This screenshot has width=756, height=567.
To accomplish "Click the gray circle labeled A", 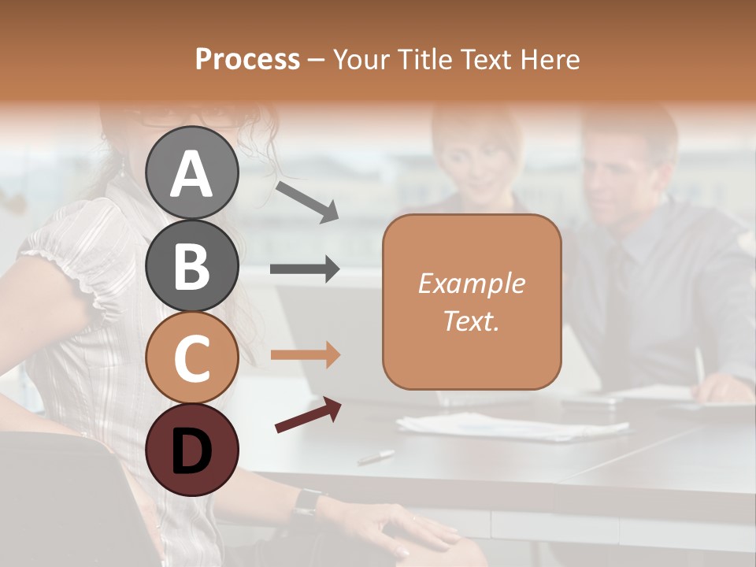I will [x=192, y=173].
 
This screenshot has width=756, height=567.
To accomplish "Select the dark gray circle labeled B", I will [x=192, y=265].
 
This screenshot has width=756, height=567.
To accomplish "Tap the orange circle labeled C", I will [x=192, y=358].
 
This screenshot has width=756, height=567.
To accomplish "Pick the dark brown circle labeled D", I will [x=192, y=450].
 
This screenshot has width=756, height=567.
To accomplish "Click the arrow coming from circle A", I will [x=307, y=202].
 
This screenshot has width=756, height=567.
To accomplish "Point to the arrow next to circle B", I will [x=305, y=269].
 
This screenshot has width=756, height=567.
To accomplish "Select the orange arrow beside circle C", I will [x=305, y=355].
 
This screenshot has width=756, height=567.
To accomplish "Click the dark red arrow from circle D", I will [x=308, y=414].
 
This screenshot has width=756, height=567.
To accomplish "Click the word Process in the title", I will [x=247, y=59].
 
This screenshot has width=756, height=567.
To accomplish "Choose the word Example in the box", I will [x=471, y=283].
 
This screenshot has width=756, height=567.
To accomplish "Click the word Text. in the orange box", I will [x=471, y=321].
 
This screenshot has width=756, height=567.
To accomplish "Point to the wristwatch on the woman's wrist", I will [x=306, y=502].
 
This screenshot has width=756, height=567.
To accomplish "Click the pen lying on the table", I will [x=376, y=457].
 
